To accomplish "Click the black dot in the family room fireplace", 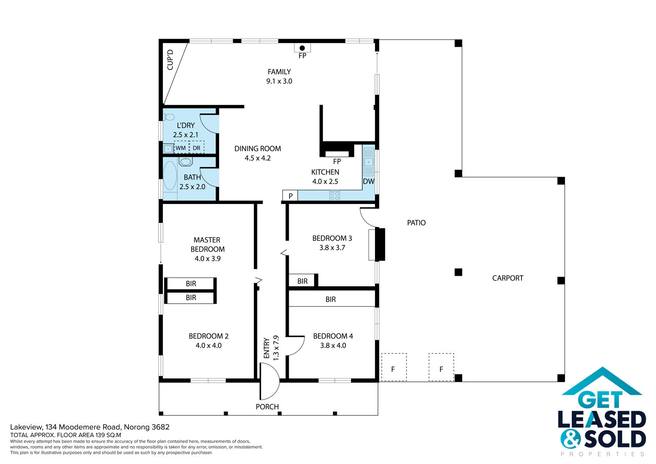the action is [x=302, y=48].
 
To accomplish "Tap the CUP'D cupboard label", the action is [x=170, y=60].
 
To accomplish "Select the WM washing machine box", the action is [x=182, y=147].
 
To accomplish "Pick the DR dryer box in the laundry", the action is [x=197, y=147].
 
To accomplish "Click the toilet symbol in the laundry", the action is [x=169, y=117].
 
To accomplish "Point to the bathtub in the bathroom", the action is [x=170, y=176].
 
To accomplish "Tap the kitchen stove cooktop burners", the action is [x=335, y=195].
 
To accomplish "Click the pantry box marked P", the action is [x=290, y=195].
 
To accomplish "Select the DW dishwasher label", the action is [x=369, y=181].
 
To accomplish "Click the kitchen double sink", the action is [x=369, y=162].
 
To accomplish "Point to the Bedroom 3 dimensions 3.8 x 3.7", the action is [x=332, y=248].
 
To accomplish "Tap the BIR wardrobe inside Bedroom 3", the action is [x=302, y=281].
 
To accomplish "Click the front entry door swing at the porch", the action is [x=270, y=381].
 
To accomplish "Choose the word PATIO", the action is [x=416, y=223].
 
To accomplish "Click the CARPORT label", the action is [x=507, y=278].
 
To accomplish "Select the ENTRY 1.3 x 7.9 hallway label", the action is [x=271, y=348].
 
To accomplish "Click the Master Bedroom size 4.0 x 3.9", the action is [x=207, y=259].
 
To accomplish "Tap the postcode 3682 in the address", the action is [x=160, y=427].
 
